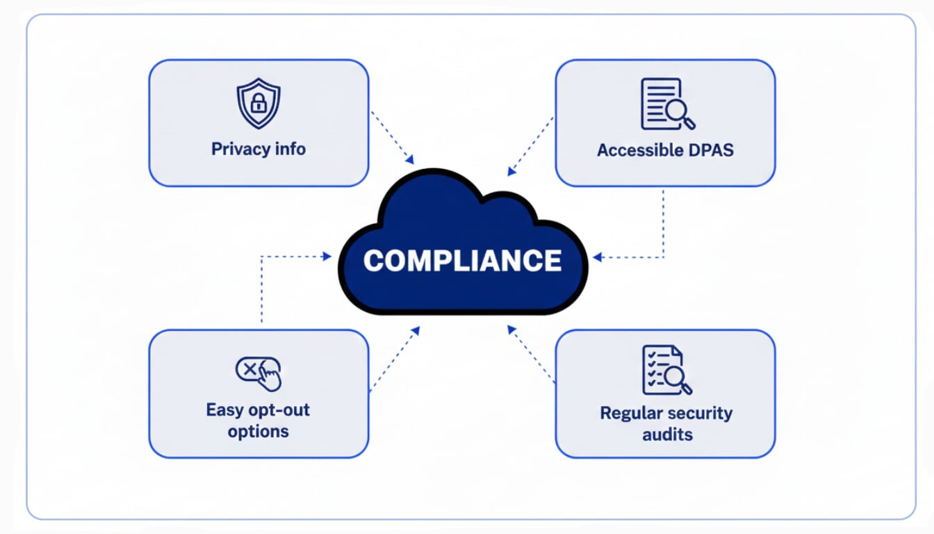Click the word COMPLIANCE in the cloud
tap(462, 261)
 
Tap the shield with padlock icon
tap(259, 104)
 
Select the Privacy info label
tap(259, 149)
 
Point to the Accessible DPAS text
tap(665, 150)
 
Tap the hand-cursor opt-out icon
tap(259, 372)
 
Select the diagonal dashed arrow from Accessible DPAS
tap(531, 146)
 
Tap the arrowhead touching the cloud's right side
tap(596, 258)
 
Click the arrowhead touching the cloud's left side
tap(327, 256)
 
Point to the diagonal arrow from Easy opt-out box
tap(395, 358)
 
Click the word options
tap(259, 431)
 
